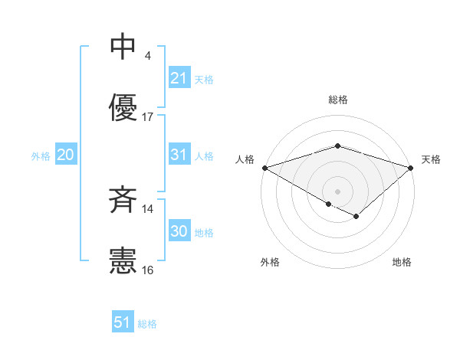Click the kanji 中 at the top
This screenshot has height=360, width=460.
123,47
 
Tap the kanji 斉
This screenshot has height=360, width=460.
123,201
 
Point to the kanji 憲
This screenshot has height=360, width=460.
123,261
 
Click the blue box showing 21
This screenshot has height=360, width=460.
179,78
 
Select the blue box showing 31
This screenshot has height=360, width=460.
179,155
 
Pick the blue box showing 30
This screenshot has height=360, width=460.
179,231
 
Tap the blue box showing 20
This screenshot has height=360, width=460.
66,155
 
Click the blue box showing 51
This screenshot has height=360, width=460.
123,322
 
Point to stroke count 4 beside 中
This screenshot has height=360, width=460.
147,56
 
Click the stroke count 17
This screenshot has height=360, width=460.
148,117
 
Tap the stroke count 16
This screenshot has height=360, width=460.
148,270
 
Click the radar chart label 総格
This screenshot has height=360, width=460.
337,100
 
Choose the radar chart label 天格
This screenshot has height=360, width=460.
431,159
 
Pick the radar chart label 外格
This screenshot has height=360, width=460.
270,262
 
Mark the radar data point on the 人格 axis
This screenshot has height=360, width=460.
264,167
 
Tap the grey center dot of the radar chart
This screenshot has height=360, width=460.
337,191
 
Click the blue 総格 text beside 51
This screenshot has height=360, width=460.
147,324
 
